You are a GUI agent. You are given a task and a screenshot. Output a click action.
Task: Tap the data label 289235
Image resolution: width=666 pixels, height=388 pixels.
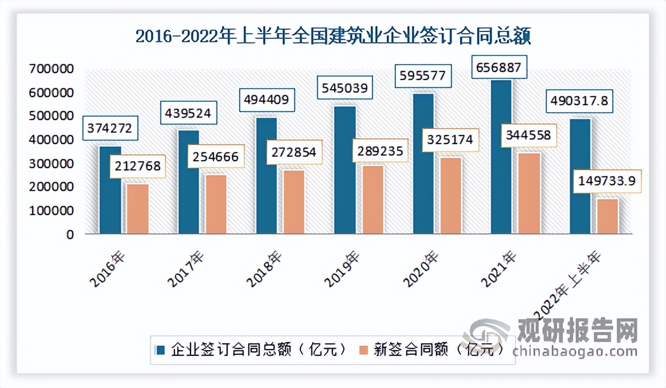(x=380, y=151)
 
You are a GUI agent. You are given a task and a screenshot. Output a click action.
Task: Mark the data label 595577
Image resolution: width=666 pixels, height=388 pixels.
(x=422, y=76)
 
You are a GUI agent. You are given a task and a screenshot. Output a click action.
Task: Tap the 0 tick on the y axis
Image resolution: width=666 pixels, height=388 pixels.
(x=69, y=235)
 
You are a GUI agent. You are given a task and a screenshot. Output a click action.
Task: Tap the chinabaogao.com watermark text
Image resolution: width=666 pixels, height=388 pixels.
(x=575, y=350)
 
